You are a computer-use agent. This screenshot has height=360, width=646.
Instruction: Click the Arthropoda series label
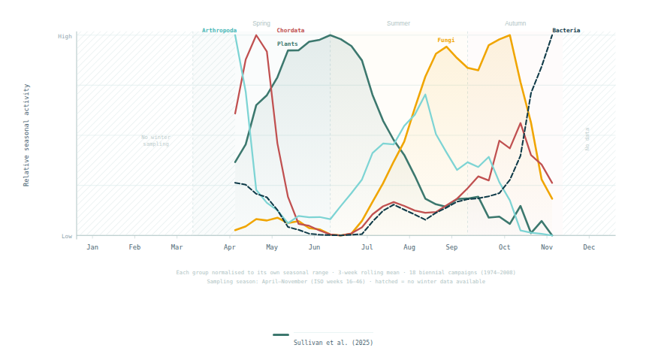[x=219, y=31]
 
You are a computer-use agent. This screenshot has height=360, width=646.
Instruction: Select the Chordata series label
[x=291, y=31]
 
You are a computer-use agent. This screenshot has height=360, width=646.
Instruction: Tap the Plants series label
[x=287, y=44]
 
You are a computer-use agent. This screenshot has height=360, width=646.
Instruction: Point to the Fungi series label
[x=446, y=40]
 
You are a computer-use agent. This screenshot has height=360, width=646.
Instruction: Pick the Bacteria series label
[x=566, y=31]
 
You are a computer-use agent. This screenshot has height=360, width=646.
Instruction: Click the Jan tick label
[x=92, y=247]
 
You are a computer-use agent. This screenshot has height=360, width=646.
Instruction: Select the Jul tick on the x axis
[x=367, y=247]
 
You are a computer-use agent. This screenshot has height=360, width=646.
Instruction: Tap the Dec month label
[x=589, y=247]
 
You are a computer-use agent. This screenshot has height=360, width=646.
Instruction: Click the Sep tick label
[x=451, y=247]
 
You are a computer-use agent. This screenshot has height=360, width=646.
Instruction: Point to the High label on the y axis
[x=65, y=36]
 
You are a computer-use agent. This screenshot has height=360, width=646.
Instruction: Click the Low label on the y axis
[x=67, y=236]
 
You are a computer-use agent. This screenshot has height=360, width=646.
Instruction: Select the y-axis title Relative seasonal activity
[x=27, y=135]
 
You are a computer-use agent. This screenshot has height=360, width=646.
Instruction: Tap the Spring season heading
[x=261, y=23]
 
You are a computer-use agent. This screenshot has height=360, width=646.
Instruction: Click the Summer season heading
[x=398, y=23]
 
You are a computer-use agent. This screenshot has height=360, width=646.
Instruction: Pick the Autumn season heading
[x=515, y=23]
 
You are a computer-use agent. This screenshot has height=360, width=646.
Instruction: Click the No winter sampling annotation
[x=155, y=141]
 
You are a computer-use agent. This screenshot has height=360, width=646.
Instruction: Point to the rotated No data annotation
[x=587, y=139]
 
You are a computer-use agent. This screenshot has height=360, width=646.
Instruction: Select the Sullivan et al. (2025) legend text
[x=333, y=343]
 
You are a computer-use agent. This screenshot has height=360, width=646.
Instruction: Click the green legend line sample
[x=281, y=335]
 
